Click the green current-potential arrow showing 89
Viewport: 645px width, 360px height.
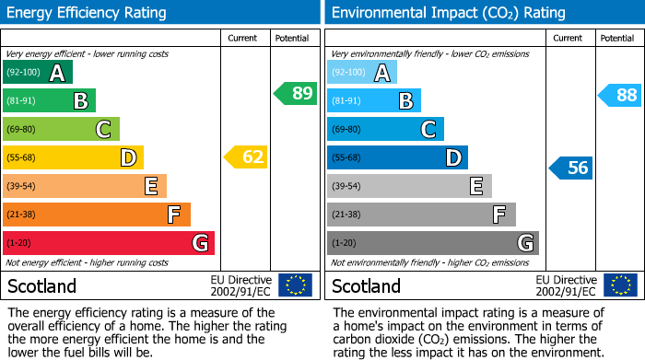[x=295, y=93]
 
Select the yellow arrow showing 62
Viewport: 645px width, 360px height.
[x=246, y=157]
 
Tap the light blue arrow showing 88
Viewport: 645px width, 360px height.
[x=619, y=94]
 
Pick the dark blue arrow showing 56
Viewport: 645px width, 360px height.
[x=570, y=168]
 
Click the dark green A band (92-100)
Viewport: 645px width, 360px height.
[x=38, y=73]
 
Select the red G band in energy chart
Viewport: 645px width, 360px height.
[x=109, y=243]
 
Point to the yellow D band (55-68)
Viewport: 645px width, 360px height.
[x=73, y=157]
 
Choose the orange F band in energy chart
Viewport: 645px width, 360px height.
[x=97, y=215]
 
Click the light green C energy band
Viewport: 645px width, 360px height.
[x=61, y=129]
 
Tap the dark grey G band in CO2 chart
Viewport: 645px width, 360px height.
[x=433, y=243]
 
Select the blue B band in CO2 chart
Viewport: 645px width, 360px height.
[x=374, y=100]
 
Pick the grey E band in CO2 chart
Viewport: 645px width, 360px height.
[x=409, y=186]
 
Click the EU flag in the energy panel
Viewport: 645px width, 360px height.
[x=295, y=285]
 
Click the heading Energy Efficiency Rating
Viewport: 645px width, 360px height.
[x=88, y=13]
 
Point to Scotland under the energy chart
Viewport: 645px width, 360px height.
[x=42, y=286]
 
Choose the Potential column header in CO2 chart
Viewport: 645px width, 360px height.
[x=617, y=38]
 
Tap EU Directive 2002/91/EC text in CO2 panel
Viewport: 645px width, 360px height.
[x=566, y=285]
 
